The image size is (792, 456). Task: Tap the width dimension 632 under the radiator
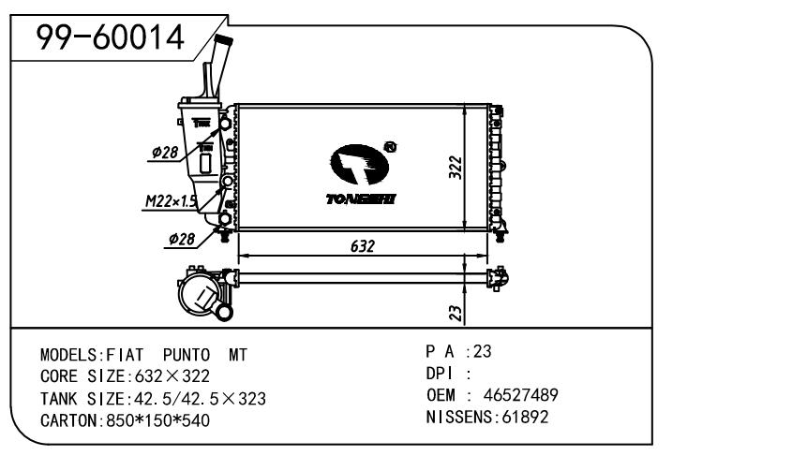(x=363, y=245)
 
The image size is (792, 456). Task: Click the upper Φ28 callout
(x=165, y=153)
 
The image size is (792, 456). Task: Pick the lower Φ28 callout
(x=181, y=240)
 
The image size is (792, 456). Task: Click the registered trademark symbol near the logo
(x=390, y=147)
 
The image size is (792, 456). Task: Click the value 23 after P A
(x=483, y=353)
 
